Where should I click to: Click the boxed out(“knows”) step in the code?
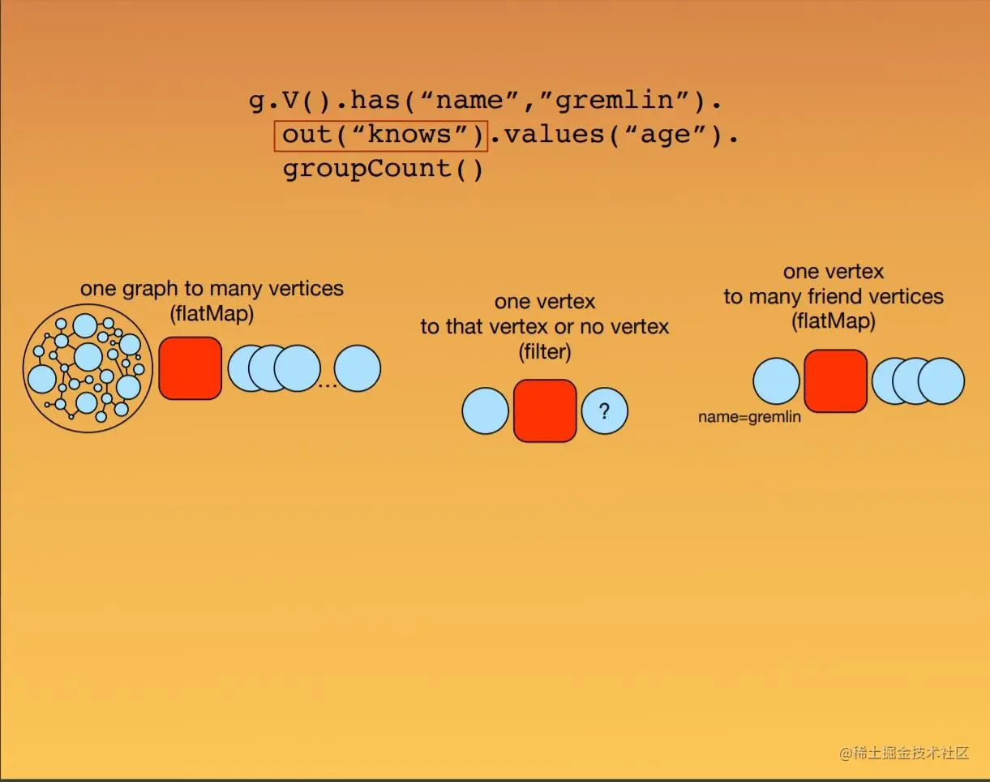point(381,135)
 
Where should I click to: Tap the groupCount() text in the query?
point(383,170)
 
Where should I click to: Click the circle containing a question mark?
point(604,411)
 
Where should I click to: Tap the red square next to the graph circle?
point(191,368)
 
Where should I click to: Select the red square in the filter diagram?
point(545,410)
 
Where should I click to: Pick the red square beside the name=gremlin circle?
point(835,380)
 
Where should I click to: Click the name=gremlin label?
point(749,418)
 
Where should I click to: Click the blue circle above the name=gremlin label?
point(776,380)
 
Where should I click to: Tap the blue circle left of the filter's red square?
point(485,410)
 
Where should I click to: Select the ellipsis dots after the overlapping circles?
point(328,384)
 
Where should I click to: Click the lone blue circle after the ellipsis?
point(358,368)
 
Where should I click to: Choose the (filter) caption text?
point(545,352)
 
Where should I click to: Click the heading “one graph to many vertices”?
point(212,288)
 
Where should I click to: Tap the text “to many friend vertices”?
point(834,297)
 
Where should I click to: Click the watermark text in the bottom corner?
point(904,753)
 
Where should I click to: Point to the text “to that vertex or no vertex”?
point(545,327)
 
